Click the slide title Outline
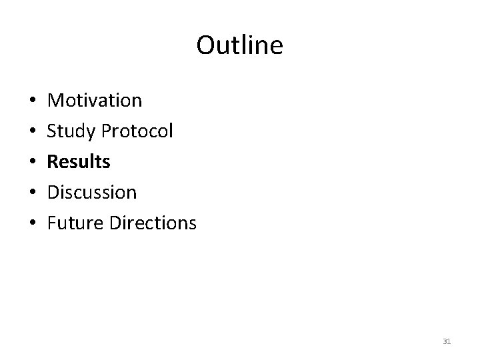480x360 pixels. tap(239, 45)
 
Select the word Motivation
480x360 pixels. tap(95, 101)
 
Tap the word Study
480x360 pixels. tap(71, 131)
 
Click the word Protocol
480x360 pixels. tap(137, 131)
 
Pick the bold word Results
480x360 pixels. tap(79, 161)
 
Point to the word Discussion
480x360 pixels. tap(93, 193)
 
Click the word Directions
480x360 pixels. tap(155, 223)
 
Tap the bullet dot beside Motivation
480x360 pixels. tap(33, 101)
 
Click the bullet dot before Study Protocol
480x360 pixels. tap(33, 132)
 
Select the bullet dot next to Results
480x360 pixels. tap(33, 163)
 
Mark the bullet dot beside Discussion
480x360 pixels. tap(33, 193)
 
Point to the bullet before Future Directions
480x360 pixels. tap(33, 224)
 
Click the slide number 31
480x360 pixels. tap(447, 342)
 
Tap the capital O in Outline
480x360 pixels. tap(205, 46)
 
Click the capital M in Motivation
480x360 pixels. tap(56, 101)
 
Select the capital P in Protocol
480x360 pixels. tap(106, 131)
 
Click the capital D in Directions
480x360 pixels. tap(119, 223)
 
